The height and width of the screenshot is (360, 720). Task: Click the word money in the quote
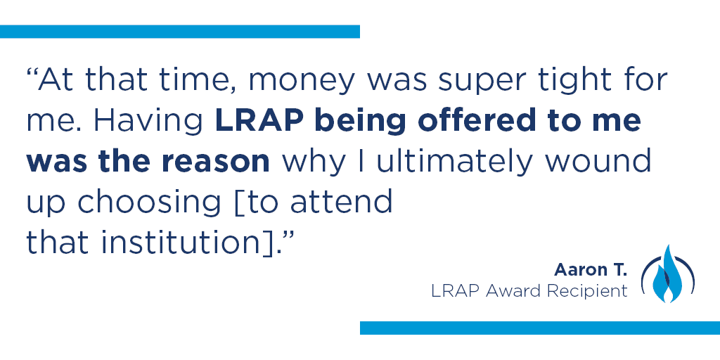click(301, 81)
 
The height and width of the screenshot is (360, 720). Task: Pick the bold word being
click(359, 121)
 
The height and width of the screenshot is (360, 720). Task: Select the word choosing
click(149, 202)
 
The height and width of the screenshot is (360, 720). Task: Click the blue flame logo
click(668, 274)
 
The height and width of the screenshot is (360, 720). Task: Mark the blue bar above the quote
click(180, 32)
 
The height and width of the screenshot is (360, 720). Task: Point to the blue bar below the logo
click(540, 328)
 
